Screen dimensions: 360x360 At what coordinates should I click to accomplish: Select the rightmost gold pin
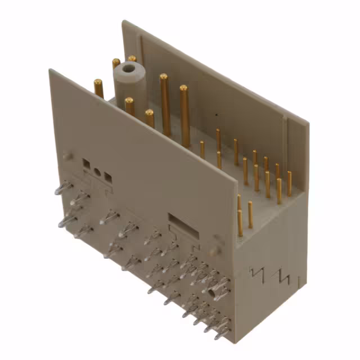point(289,183)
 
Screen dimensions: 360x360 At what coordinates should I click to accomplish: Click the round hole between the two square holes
point(97,172)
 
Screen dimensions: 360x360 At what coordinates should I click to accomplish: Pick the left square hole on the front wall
point(87,164)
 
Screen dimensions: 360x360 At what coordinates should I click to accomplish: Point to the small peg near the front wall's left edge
point(67,156)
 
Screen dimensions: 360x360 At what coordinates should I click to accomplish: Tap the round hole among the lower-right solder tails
point(213,293)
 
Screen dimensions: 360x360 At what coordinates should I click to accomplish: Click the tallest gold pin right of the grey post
point(165,104)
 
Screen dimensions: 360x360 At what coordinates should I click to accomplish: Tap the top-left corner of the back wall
point(123,22)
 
